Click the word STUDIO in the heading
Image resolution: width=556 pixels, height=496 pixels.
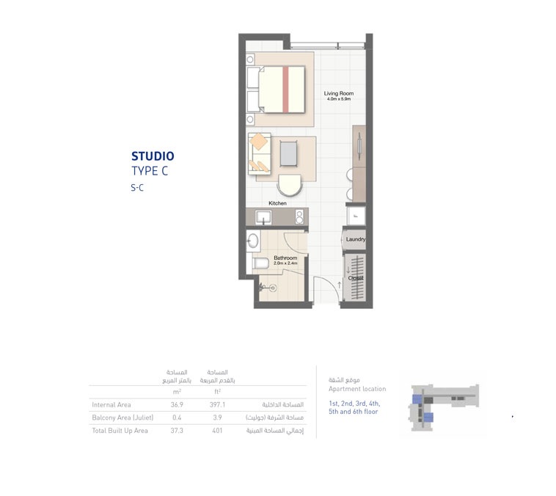pyautogui.click(x=153, y=156)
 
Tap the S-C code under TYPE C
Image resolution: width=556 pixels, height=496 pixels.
pyautogui.click(x=137, y=188)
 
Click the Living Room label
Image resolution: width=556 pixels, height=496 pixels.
pyautogui.click(x=339, y=94)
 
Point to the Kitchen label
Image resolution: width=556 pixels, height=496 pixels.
pyautogui.click(x=277, y=203)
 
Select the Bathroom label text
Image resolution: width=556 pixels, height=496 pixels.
pyautogui.click(x=285, y=258)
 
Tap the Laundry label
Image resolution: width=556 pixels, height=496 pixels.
pyautogui.click(x=356, y=239)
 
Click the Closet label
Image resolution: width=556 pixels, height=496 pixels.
pyautogui.click(x=356, y=278)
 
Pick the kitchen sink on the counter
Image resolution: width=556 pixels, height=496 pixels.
pyautogui.click(x=263, y=217)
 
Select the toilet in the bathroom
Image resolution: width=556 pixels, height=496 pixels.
pyautogui.click(x=260, y=263)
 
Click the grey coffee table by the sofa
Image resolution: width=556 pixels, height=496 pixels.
pyautogui.click(x=288, y=153)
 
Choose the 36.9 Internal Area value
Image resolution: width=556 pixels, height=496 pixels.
pyautogui.click(x=176, y=404)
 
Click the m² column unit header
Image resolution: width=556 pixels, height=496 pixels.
pyautogui.click(x=176, y=392)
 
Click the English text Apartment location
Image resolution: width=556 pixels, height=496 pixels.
pyautogui.click(x=356, y=389)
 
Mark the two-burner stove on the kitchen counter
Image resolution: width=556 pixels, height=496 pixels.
pyautogui.click(x=299, y=217)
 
